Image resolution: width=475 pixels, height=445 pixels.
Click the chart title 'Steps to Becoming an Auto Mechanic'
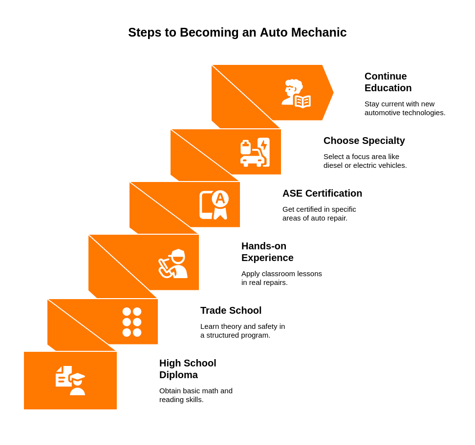click(237, 33)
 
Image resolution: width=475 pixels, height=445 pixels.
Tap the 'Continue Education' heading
click(388, 82)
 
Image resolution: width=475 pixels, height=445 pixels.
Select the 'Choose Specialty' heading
click(364, 141)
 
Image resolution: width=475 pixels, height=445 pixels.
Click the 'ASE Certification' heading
click(322, 193)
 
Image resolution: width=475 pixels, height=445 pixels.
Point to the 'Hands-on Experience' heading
click(267, 252)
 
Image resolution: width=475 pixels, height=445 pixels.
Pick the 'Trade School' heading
click(231, 310)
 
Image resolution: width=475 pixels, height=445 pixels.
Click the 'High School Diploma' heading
click(188, 369)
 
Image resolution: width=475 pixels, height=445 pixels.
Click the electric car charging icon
click(255, 152)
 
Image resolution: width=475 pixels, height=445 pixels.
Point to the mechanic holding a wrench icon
click(173, 263)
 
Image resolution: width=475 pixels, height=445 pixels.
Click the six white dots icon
click(132, 322)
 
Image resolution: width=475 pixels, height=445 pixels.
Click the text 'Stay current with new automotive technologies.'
click(405, 108)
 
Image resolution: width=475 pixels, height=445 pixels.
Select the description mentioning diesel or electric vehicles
click(365, 161)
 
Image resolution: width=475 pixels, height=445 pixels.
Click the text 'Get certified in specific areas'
click(319, 214)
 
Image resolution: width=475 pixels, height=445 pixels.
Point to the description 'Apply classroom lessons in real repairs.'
click(281, 278)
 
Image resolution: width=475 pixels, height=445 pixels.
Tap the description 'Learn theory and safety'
click(242, 331)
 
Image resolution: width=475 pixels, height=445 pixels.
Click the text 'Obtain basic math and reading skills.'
click(196, 395)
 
